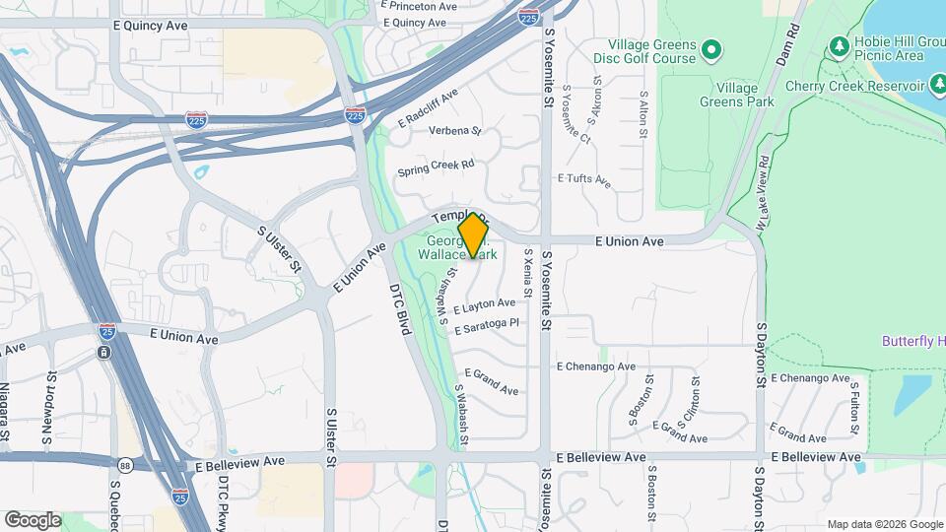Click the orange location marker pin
coord(473,235)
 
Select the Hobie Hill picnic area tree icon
coord(839,45)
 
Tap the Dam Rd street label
coord(785,46)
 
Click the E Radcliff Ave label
coord(429,108)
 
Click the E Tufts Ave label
coord(584,180)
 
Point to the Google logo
coord(34,519)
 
